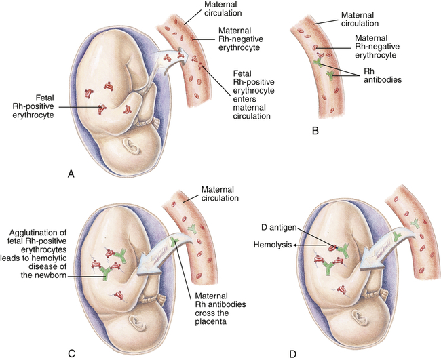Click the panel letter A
[71, 173]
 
